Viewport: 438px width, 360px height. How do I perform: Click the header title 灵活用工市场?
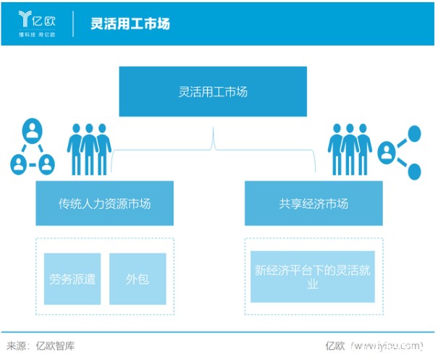130,22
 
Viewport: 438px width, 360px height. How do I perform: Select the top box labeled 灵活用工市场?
213,92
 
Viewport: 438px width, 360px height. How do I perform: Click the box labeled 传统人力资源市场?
104,204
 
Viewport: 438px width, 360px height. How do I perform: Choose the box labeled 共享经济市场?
313,204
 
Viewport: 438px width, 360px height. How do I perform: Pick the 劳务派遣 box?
72,279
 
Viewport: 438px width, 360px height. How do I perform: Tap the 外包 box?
138,279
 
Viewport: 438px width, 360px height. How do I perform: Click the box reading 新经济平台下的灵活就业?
313,277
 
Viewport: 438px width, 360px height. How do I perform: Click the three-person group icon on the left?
89,148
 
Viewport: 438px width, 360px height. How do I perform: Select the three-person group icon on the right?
350,148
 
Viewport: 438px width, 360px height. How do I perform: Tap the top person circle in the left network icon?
33,133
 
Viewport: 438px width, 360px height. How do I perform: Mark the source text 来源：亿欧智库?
41,346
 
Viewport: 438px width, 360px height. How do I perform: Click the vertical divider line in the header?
74,23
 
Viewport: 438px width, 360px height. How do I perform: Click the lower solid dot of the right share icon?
414,171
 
